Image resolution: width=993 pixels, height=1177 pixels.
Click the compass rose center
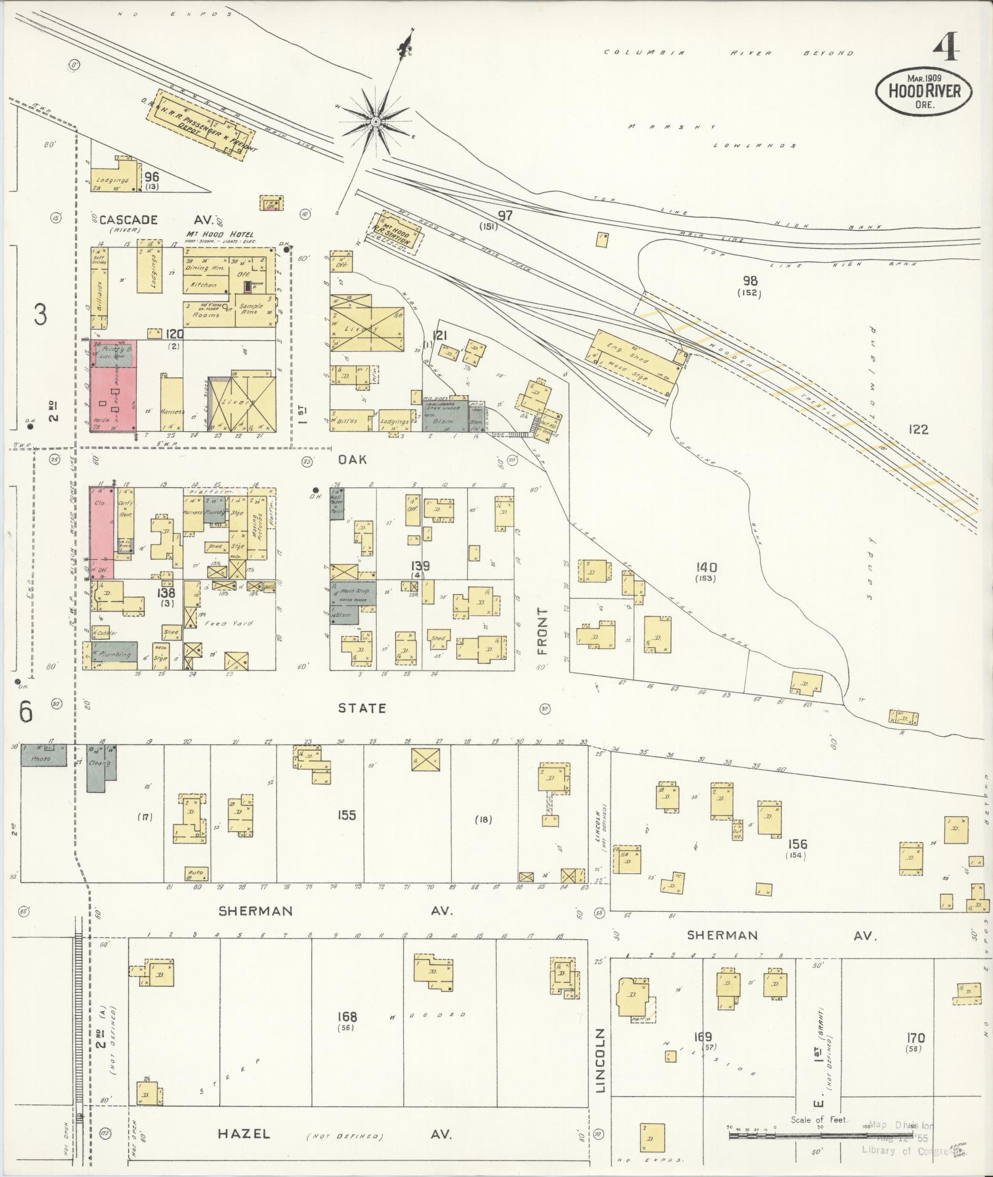[x=374, y=122]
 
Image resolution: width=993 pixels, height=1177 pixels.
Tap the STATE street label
[x=362, y=708]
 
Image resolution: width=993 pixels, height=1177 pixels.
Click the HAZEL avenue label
[x=244, y=1133]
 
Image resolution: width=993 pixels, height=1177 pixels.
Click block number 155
[x=347, y=815]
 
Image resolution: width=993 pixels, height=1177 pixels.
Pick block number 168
[x=347, y=1017]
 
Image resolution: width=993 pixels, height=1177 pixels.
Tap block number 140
[x=706, y=567]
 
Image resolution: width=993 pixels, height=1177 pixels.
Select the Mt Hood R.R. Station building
[x=397, y=232]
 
